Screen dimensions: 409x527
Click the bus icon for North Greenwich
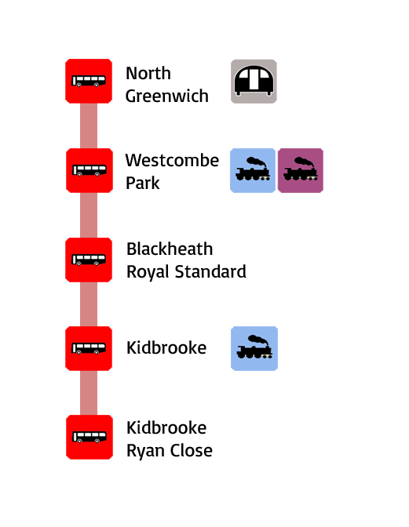(x=89, y=81)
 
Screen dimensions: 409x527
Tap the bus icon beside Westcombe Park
(x=89, y=170)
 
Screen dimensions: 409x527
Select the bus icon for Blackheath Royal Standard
(x=89, y=260)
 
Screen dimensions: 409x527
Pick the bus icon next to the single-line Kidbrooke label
(x=89, y=348)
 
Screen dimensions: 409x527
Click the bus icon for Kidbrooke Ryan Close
(x=89, y=438)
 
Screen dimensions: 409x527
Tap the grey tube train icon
(x=254, y=82)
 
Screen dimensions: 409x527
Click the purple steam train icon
(x=301, y=170)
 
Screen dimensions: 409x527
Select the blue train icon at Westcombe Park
(x=253, y=170)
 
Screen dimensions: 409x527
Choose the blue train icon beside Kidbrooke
(x=254, y=348)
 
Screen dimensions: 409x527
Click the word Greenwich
(x=167, y=96)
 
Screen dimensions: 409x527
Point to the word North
(x=148, y=73)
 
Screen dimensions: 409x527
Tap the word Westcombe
(x=172, y=160)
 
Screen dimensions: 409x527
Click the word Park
(x=143, y=184)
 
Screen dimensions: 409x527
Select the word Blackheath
(x=170, y=249)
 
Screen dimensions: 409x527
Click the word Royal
(x=148, y=272)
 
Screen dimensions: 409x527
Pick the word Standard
(x=210, y=271)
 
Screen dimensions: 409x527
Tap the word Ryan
(x=146, y=451)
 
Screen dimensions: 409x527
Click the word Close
(x=191, y=451)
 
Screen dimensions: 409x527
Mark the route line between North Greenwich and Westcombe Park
(x=89, y=125)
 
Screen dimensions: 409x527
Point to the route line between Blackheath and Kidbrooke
(x=89, y=304)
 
